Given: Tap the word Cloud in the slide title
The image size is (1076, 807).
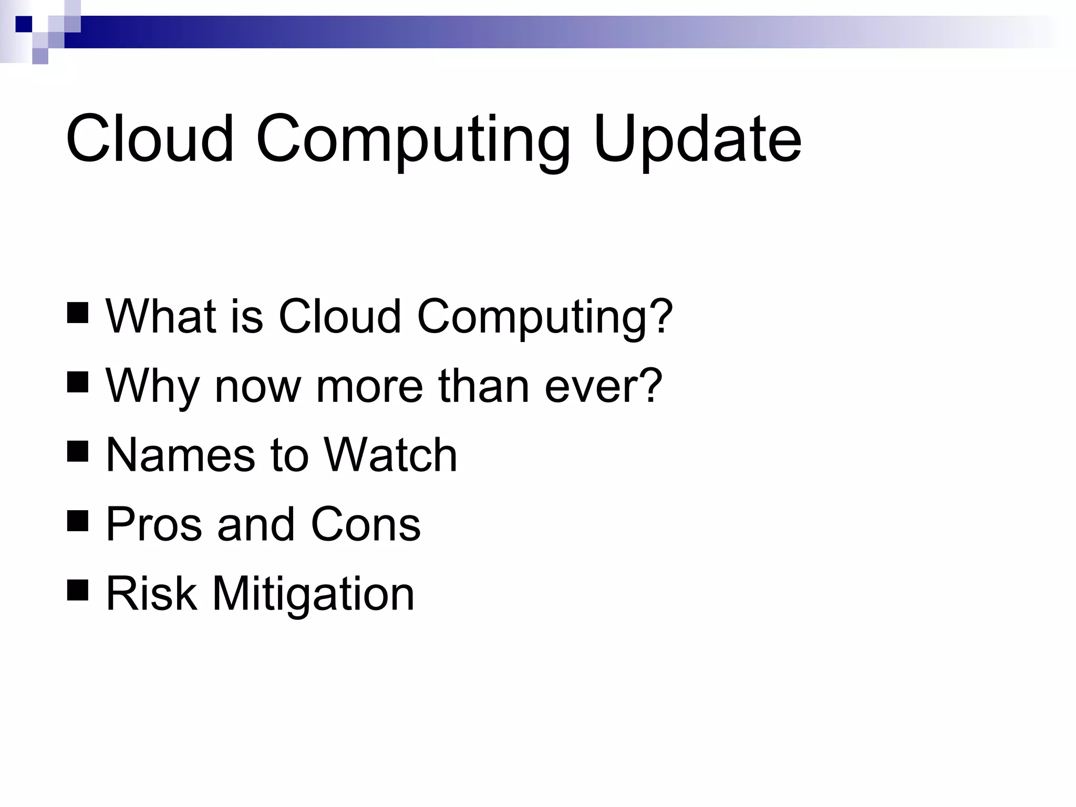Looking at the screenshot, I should click(149, 139).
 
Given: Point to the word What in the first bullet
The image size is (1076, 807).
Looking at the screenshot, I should click(161, 316).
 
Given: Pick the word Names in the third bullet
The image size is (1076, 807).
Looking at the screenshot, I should click(181, 455).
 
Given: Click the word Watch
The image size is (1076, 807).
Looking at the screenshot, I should click(390, 455).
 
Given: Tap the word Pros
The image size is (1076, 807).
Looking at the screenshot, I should click(154, 524).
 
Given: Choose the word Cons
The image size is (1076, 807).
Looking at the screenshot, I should click(366, 524).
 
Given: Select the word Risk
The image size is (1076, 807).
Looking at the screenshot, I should click(151, 594).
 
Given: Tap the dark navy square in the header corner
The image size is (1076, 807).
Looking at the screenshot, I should click(24, 24).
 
